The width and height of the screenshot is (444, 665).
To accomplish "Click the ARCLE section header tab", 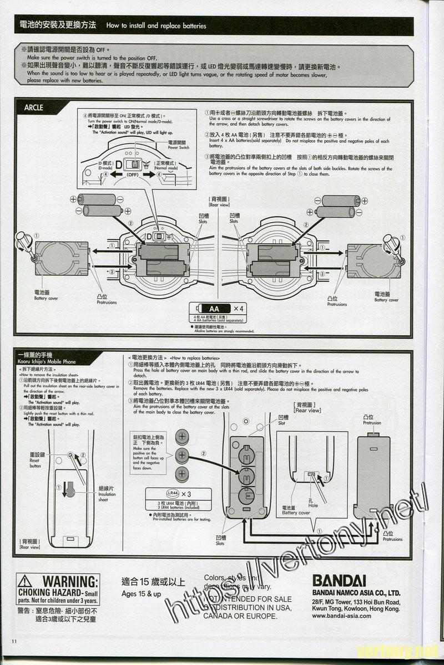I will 34,108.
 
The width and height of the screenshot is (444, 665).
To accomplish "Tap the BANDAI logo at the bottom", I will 339,580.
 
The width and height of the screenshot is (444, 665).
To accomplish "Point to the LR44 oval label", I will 171,493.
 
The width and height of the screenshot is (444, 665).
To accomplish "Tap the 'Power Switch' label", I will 179,145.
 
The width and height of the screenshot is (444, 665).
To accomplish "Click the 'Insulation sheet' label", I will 107,494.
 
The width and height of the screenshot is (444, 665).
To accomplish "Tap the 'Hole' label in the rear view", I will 314,502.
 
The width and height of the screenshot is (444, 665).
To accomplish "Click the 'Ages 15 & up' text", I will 141,594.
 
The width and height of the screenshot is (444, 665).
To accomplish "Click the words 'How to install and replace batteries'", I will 156,25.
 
